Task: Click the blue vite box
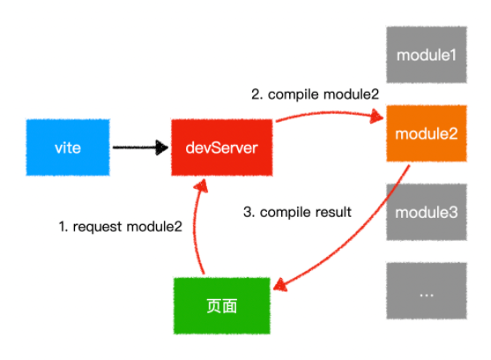coord(68,147)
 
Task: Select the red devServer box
coord(222,147)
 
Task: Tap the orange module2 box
coord(427,133)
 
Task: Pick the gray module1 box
coord(427,55)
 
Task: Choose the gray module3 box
coord(427,212)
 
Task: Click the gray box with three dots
coord(427,291)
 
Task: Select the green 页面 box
coord(222,306)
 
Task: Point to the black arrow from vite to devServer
coord(140,147)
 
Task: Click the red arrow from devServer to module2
coord(329,113)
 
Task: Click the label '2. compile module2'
coord(315,94)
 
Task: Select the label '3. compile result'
coord(297,212)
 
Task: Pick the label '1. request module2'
coord(121,227)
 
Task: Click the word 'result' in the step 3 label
coord(333,212)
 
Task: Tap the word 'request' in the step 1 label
coord(97,228)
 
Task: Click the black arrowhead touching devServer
coord(162,147)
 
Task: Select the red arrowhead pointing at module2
coord(377,116)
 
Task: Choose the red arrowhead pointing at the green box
coord(280,285)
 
